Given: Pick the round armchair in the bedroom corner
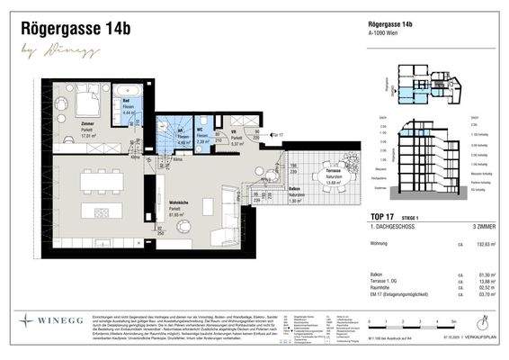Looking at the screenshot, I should (67, 134).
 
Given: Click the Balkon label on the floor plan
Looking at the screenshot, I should (294, 190).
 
